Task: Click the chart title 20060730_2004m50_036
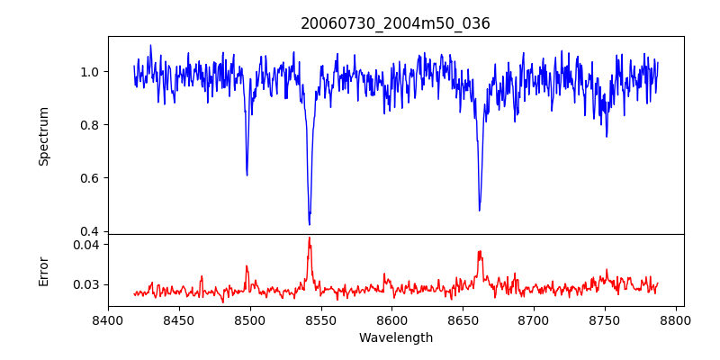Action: pyautogui.click(x=396, y=23)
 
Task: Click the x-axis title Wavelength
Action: pyautogui.click(x=396, y=337)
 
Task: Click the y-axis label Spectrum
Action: pyautogui.click(x=43, y=136)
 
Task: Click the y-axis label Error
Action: pyautogui.click(x=43, y=269)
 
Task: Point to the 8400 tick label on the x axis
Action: pyautogui.click(x=108, y=319)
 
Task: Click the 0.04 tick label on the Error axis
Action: pyautogui.click(x=89, y=245)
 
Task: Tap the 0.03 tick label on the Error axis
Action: pyautogui.click(x=89, y=284)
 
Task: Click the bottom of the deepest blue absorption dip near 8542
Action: pyautogui.click(x=310, y=224)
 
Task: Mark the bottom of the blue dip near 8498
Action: pyautogui.click(x=247, y=175)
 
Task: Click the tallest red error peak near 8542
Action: pyautogui.click(x=310, y=238)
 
